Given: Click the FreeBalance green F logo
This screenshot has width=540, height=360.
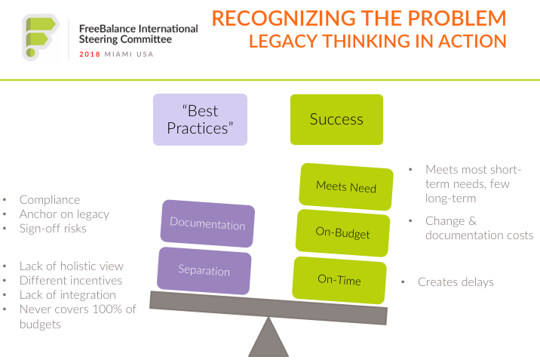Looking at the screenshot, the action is point(40,37).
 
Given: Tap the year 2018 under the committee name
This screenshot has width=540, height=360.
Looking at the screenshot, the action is point(90,54).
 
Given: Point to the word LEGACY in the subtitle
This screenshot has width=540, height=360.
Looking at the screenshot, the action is point(283,41).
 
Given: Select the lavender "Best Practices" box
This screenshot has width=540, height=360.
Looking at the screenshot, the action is point(200,119).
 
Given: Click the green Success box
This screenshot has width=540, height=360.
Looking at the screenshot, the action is point(336,119).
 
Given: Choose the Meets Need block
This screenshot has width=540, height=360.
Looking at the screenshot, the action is point(345,186).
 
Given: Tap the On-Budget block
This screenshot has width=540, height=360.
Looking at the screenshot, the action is point(342,233).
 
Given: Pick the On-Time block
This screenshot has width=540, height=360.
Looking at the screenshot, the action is point(339,280).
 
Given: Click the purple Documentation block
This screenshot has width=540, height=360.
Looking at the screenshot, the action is point(207,223).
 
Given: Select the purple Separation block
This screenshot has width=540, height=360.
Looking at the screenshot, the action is point(204,270).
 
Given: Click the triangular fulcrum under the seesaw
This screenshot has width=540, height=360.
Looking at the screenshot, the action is point(268,337).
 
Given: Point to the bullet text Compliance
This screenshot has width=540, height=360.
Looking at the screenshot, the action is point(50,200).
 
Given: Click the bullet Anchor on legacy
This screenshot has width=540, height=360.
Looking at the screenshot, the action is point(64,214).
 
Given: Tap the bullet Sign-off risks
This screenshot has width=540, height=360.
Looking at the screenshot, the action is point(53,229).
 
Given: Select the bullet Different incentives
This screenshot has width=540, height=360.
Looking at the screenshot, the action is point(71,281).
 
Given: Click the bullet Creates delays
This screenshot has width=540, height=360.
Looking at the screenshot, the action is point(456,282).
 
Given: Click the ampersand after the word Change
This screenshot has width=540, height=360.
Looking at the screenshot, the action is point(472,220).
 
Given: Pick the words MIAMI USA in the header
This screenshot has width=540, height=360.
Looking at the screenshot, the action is point(129,54).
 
